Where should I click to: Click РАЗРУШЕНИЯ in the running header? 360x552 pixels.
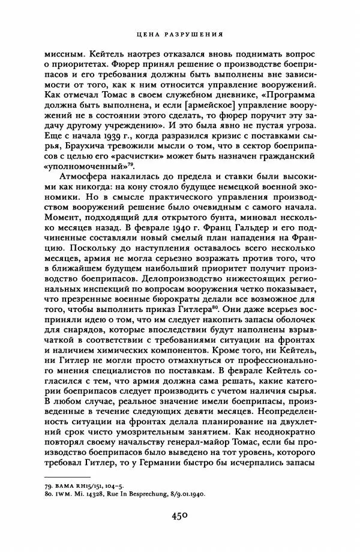pyautogui.click(x=191, y=34)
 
